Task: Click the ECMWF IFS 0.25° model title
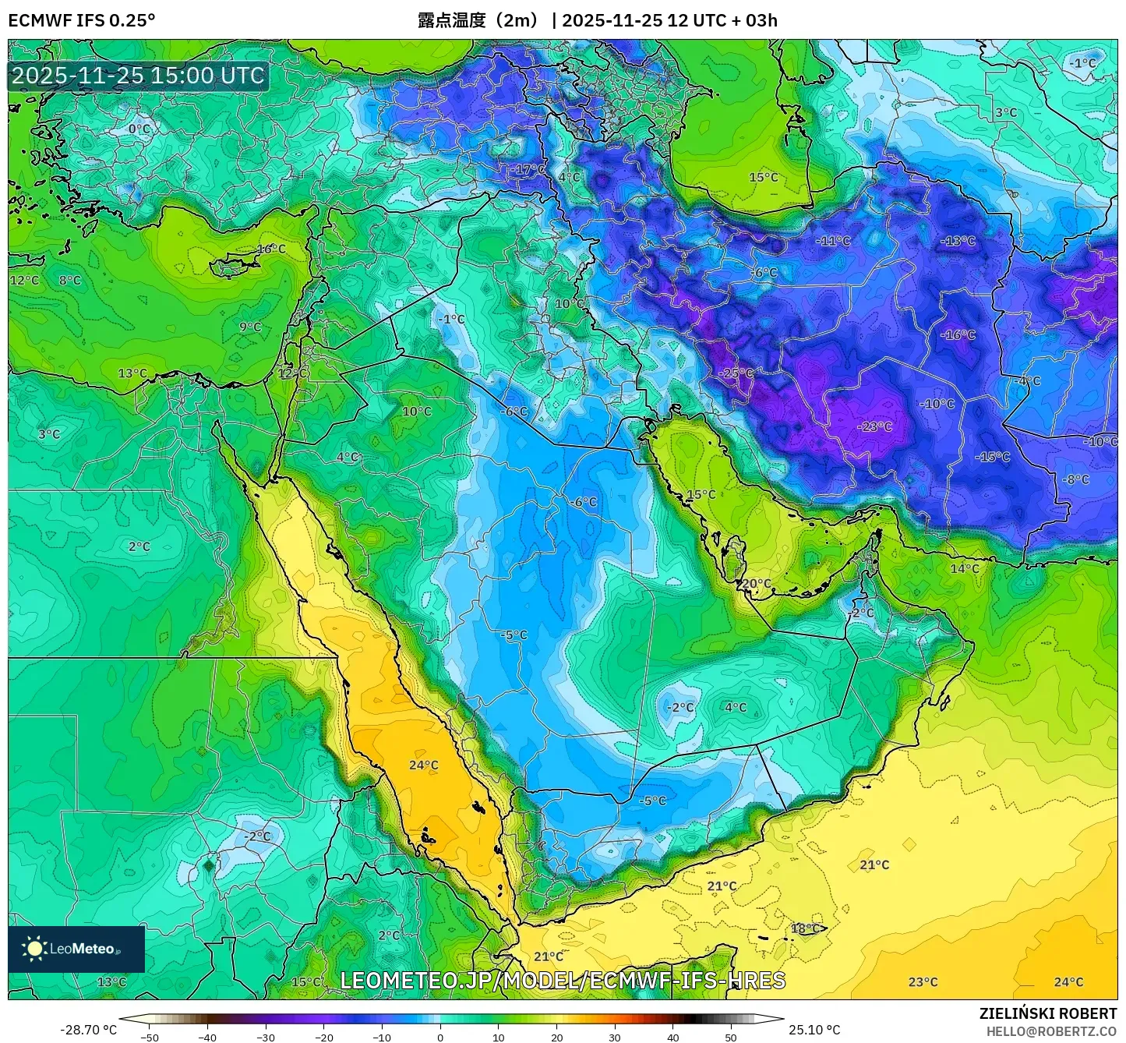point(82,20)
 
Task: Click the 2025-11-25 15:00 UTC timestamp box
point(138,76)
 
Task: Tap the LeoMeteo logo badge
point(76,949)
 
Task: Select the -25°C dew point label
point(736,373)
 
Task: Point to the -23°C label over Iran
point(874,426)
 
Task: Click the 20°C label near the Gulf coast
point(756,584)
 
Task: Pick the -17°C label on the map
point(529,169)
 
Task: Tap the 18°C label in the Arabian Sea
point(806,928)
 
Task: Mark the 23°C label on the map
point(923,982)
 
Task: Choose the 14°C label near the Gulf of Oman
point(965,568)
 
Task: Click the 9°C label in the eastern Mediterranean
point(250,327)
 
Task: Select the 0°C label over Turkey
point(139,129)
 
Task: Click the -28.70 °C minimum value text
point(88,1030)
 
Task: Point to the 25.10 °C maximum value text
point(814,1030)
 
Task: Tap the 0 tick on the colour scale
point(440,1038)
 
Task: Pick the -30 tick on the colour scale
point(266,1038)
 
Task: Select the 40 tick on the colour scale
point(672,1038)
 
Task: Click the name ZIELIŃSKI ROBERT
point(1047,1013)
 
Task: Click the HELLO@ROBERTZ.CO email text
point(1051,1031)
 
